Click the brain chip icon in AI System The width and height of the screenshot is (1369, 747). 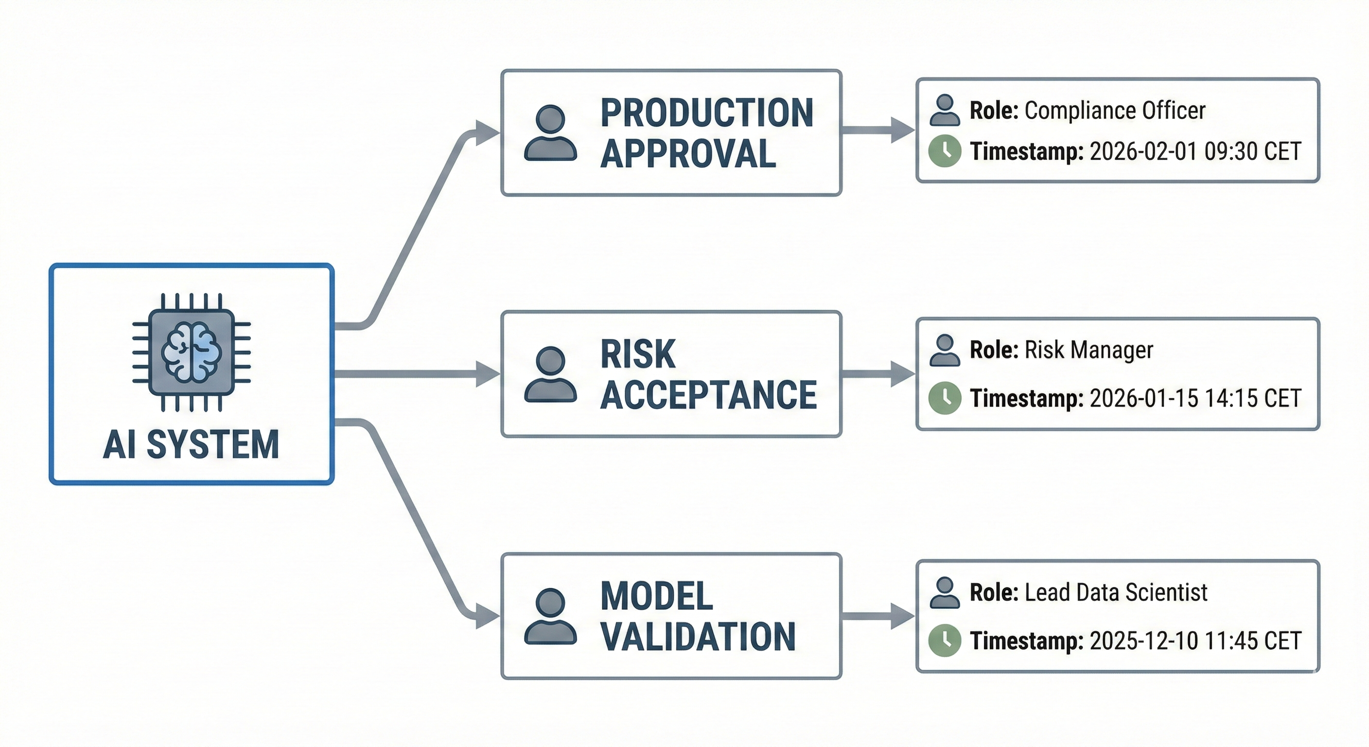[x=192, y=353]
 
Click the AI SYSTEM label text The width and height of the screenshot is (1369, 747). [x=192, y=445]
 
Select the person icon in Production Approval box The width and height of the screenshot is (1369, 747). [x=551, y=133]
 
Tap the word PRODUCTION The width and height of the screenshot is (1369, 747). [x=707, y=113]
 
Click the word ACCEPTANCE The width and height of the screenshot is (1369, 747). [x=708, y=395]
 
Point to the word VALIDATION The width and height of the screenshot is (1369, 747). [x=698, y=637]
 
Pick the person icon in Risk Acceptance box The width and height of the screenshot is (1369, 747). [x=551, y=374]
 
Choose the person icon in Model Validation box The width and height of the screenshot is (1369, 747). [x=551, y=616]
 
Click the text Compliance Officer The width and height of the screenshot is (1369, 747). [x=1114, y=110]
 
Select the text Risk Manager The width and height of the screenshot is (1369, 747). [x=1088, y=350]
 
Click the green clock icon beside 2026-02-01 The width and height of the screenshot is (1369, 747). [x=945, y=151]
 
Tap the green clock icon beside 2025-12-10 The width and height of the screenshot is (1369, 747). [x=945, y=640]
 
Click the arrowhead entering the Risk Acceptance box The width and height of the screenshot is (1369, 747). [x=486, y=374]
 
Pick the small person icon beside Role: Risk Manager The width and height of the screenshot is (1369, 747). [x=945, y=350]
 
